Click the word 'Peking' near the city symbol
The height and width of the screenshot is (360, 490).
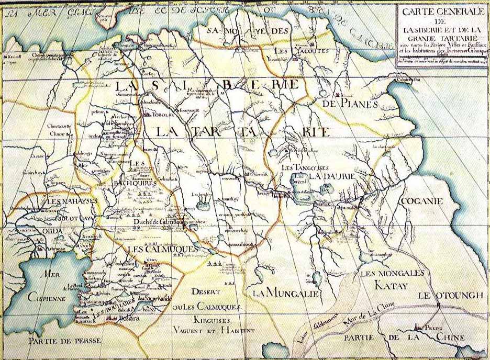pos(433,327)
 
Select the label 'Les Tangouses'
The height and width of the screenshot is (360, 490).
pos(305,167)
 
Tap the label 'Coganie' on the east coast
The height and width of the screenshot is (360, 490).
pos(421,201)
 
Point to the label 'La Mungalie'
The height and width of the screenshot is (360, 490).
pos(286,294)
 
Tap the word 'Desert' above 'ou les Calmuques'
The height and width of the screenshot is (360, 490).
pos(202,291)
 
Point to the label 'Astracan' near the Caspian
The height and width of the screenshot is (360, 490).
pos(77,251)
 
